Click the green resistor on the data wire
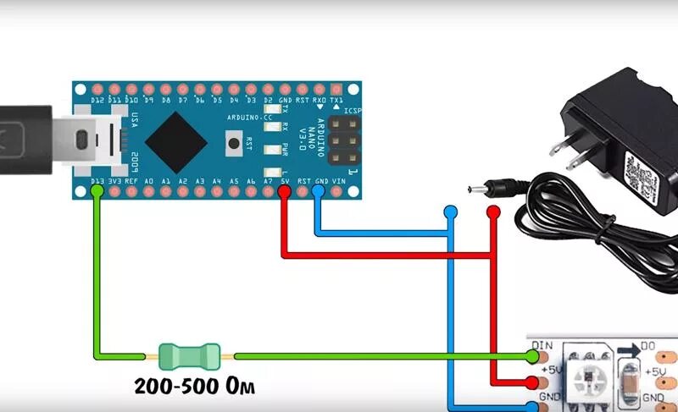[x=189, y=354]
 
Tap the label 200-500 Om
[x=195, y=387]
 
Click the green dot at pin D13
[x=97, y=191]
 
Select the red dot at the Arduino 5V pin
[x=284, y=191]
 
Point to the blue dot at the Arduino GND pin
[x=319, y=191]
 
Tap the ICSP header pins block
[x=342, y=140]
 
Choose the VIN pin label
[x=339, y=181]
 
